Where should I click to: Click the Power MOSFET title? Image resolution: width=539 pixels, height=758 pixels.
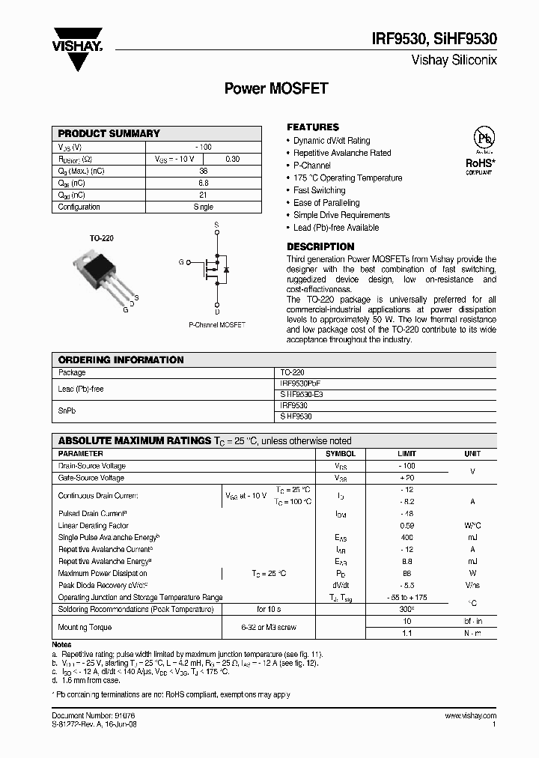(x=276, y=88)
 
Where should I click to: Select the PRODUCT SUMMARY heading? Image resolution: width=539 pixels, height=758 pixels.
(x=109, y=133)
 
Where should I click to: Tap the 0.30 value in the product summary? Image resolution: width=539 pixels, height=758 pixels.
(x=233, y=159)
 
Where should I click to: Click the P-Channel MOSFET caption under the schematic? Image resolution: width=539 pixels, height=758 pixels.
(x=216, y=325)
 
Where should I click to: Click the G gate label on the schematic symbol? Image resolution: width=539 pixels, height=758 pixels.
(x=180, y=261)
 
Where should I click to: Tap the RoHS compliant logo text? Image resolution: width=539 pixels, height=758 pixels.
(x=479, y=162)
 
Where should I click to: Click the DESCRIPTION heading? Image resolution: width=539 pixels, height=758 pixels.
(x=320, y=246)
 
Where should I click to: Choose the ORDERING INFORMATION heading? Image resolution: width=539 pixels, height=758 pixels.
(x=121, y=360)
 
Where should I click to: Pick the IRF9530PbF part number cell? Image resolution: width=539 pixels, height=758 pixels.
(x=299, y=383)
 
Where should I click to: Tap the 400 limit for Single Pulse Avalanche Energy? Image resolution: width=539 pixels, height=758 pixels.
(x=406, y=538)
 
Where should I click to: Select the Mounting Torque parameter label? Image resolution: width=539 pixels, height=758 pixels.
(x=85, y=626)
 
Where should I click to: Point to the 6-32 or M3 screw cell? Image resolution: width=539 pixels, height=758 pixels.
(x=269, y=627)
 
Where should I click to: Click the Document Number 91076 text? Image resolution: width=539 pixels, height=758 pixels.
(x=91, y=716)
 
